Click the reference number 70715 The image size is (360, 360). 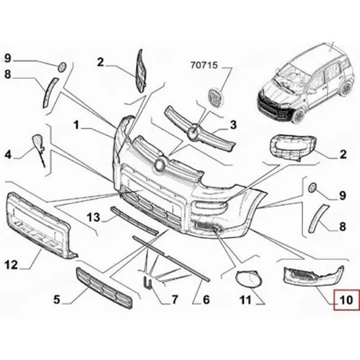pos(204,65)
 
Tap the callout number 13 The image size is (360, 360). pos(94,217)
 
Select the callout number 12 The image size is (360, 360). pos(10,265)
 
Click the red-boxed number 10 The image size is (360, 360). pos(346,300)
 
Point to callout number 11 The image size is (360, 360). pos(245,300)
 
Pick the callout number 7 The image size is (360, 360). pos(175,300)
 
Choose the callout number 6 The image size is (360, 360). pos(206,300)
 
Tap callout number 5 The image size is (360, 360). pos(56,300)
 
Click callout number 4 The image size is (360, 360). pos(8,154)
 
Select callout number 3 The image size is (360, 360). pos(233,125)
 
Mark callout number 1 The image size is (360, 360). pos(76,125)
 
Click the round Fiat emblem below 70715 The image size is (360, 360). pos(215,98)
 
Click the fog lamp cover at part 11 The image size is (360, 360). pos(249,278)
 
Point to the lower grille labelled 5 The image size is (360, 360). pos(104,287)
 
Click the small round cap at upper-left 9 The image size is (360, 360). pos(62,67)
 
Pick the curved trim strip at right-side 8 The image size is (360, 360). pos(317,219)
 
